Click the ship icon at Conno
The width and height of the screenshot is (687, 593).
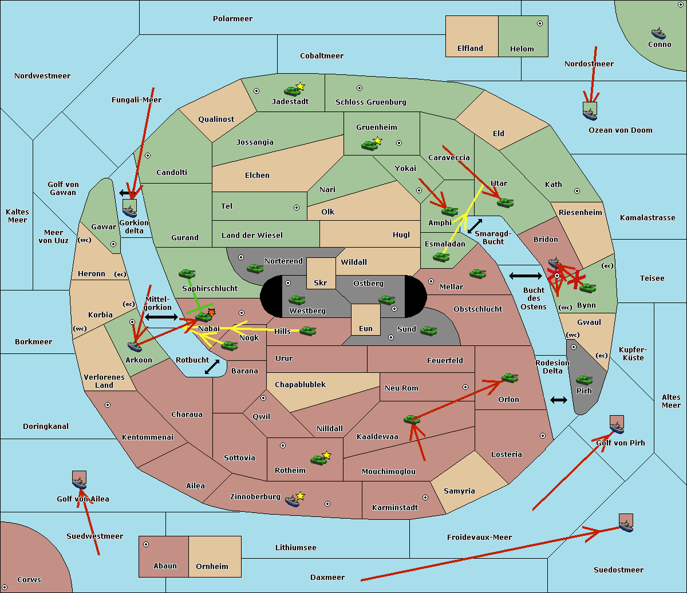click(x=658, y=33)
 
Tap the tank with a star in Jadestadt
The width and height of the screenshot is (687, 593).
click(x=293, y=90)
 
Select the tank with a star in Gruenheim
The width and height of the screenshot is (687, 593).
click(x=370, y=145)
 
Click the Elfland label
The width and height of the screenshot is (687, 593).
click(x=470, y=49)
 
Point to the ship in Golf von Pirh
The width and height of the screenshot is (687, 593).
click(x=617, y=427)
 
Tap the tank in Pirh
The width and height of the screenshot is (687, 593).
click(x=584, y=380)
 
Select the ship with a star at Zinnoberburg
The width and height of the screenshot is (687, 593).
click(x=293, y=500)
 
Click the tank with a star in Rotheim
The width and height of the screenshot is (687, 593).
click(x=319, y=459)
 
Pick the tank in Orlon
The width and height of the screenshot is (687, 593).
click(x=509, y=378)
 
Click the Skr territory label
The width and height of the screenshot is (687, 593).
click(x=321, y=282)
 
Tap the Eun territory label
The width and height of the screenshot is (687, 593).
click(x=366, y=328)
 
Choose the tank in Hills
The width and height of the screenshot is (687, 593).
click(x=308, y=331)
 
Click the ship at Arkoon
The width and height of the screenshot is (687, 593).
click(x=135, y=346)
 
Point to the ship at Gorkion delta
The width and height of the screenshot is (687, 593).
click(x=130, y=209)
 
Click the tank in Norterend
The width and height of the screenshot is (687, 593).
click(x=255, y=268)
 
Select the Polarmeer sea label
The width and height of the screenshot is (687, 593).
click(x=232, y=19)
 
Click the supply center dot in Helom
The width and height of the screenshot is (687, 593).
click(x=539, y=23)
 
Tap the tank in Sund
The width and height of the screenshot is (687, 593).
click(x=428, y=331)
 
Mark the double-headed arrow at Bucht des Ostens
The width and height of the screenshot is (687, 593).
click(x=525, y=276)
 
